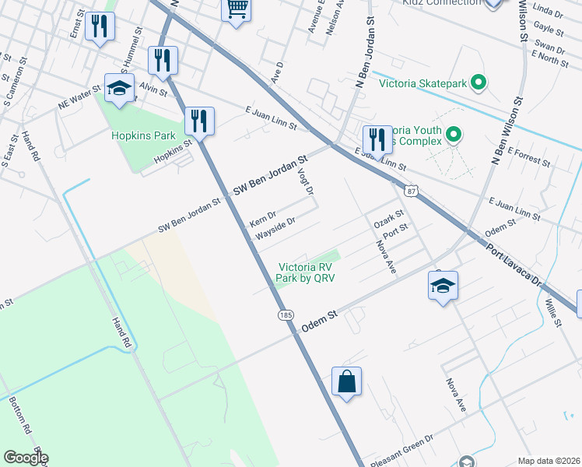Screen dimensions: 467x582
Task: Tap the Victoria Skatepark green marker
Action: (x=479, y=81)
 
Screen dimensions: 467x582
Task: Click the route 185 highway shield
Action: (x=285, y=315)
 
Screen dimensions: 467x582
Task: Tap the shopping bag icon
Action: (x=347, y=381)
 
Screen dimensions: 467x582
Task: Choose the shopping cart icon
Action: (x=237, y=9)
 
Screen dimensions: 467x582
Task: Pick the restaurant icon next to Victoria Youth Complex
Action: (x=377, y=140)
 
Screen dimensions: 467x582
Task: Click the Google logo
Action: (x=25, y=458)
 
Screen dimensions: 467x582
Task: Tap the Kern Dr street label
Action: (x=262, y=215)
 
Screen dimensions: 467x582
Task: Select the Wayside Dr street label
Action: (x=275, y=226)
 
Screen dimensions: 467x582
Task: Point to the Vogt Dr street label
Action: (x=307, y=181)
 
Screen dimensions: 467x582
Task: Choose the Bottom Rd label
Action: (x=20, y=416)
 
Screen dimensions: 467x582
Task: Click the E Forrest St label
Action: (x=529, y=165)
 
